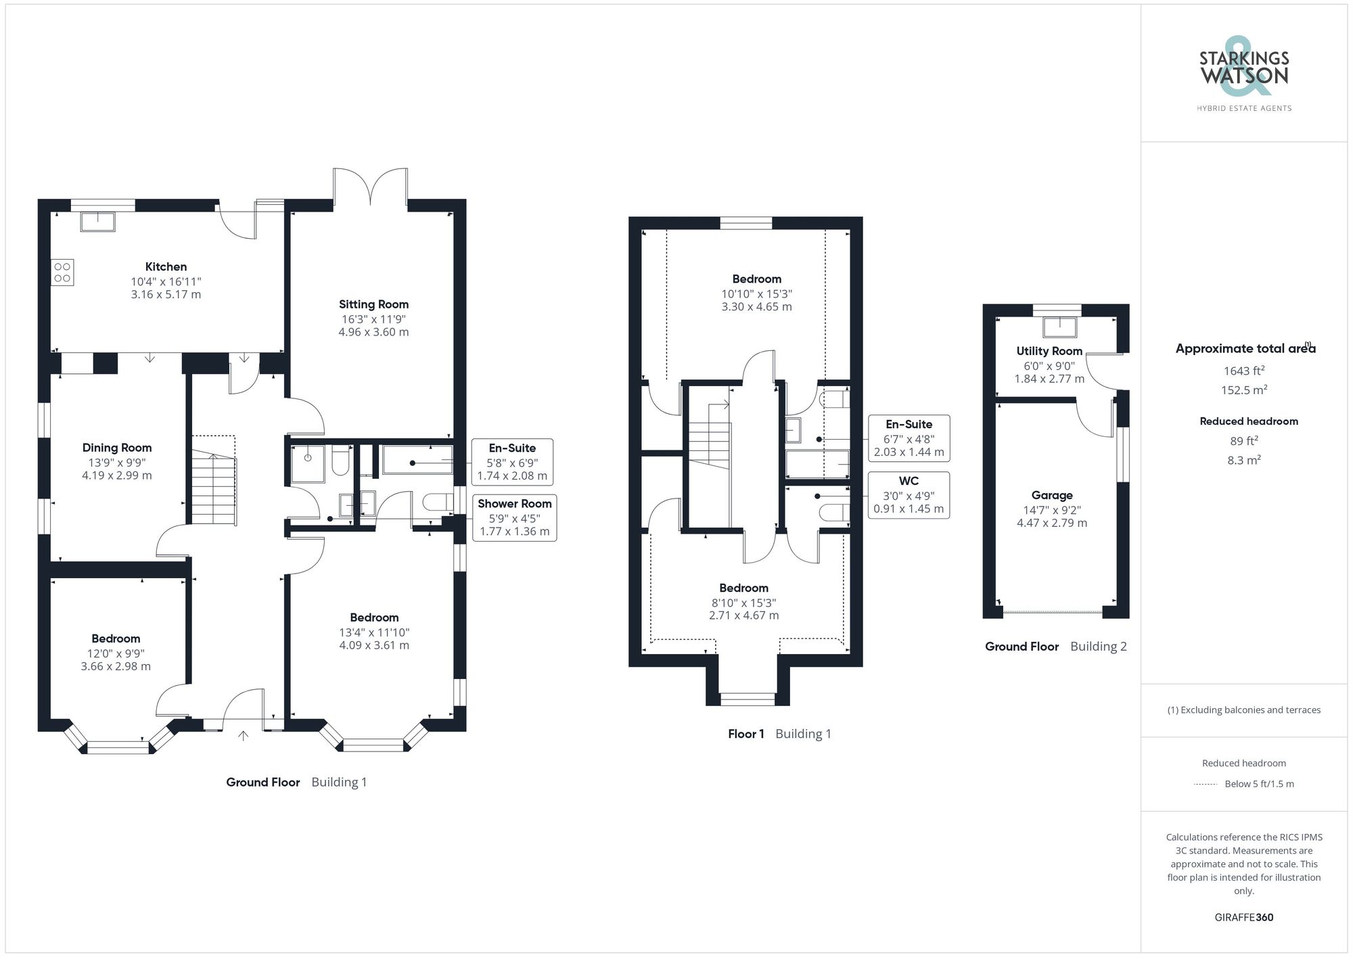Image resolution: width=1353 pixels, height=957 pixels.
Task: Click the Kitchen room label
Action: pos(166,266)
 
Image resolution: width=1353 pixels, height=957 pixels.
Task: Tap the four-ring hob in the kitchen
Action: pos(62,273)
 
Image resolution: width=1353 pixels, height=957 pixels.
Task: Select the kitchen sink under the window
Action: pos(98,221)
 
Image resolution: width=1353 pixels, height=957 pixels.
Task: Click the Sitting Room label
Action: pos(373,304)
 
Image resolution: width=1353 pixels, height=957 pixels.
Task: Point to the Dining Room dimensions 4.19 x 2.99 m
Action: pos(117,475)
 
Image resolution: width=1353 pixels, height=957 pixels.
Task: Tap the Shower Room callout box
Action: pos(514,517)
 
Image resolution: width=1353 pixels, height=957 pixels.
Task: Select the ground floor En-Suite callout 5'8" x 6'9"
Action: pos(512,462)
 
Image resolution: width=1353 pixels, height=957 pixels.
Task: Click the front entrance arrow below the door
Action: pos(244,736)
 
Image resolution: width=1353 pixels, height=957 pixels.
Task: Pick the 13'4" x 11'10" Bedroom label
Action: pos(374,617)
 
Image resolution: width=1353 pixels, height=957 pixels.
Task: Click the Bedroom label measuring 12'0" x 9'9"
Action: pos(116,638)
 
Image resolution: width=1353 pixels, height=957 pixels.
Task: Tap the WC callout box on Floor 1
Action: pos(909,495)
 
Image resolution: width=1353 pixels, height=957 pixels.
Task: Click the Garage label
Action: pos(1052,495)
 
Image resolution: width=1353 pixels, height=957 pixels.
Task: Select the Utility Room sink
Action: pos(1059,327)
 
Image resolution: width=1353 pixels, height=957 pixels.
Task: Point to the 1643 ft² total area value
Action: pos(1244,371)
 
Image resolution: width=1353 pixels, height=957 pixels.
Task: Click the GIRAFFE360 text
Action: pos(1244,917)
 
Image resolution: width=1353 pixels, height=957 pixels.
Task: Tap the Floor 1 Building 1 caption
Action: pos(779,734)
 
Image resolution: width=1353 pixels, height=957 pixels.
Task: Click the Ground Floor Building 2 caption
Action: pos(1055,647)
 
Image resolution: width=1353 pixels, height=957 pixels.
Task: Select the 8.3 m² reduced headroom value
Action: pos(1244,460)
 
